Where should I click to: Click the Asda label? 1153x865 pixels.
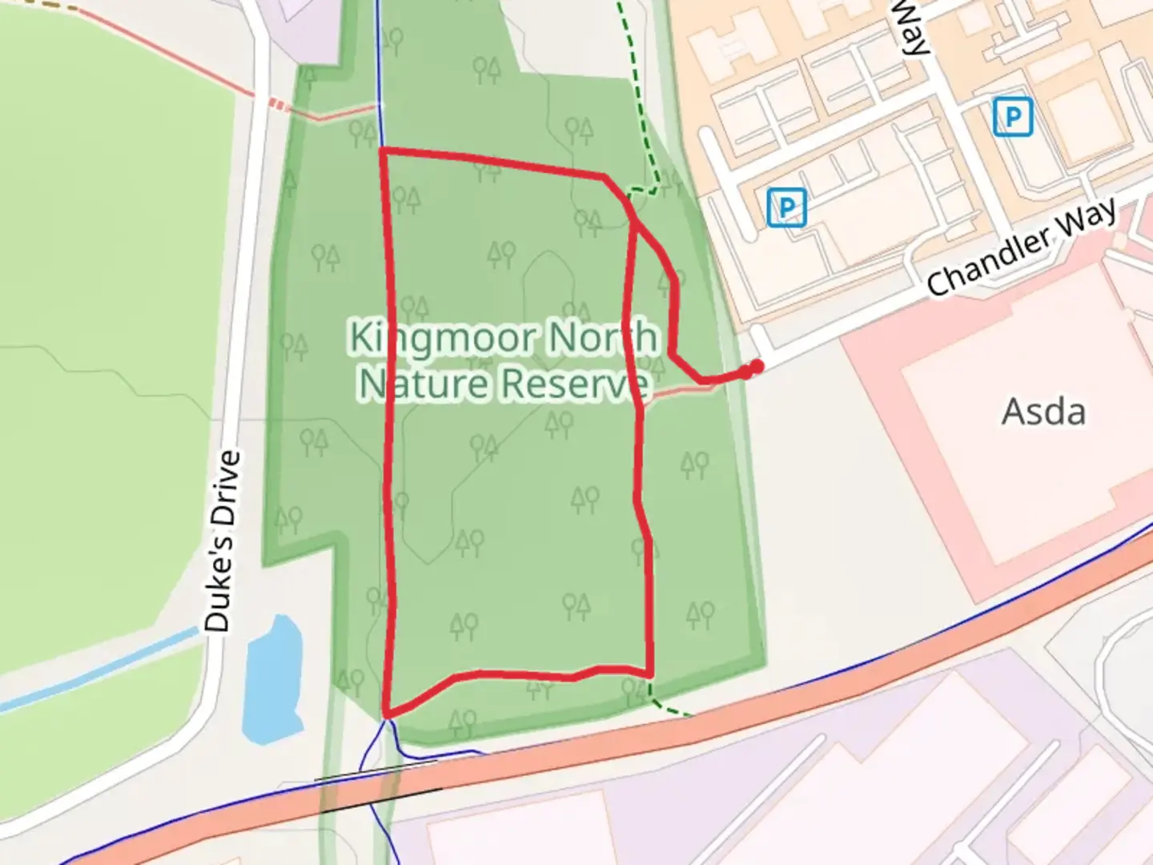1043,412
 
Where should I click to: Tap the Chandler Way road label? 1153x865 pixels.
1021,247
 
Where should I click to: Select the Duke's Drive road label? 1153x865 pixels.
222,541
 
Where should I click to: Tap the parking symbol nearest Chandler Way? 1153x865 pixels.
786,207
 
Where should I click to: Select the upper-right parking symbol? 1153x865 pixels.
1012,117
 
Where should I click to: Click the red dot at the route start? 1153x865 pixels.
754,367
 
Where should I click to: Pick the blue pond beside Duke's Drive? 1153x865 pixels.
272,681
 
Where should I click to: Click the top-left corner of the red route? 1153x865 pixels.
382,150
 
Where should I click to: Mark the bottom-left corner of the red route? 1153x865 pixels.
387,714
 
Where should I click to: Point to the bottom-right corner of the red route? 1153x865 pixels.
650,673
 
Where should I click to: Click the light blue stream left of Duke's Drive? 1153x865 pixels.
96,671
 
